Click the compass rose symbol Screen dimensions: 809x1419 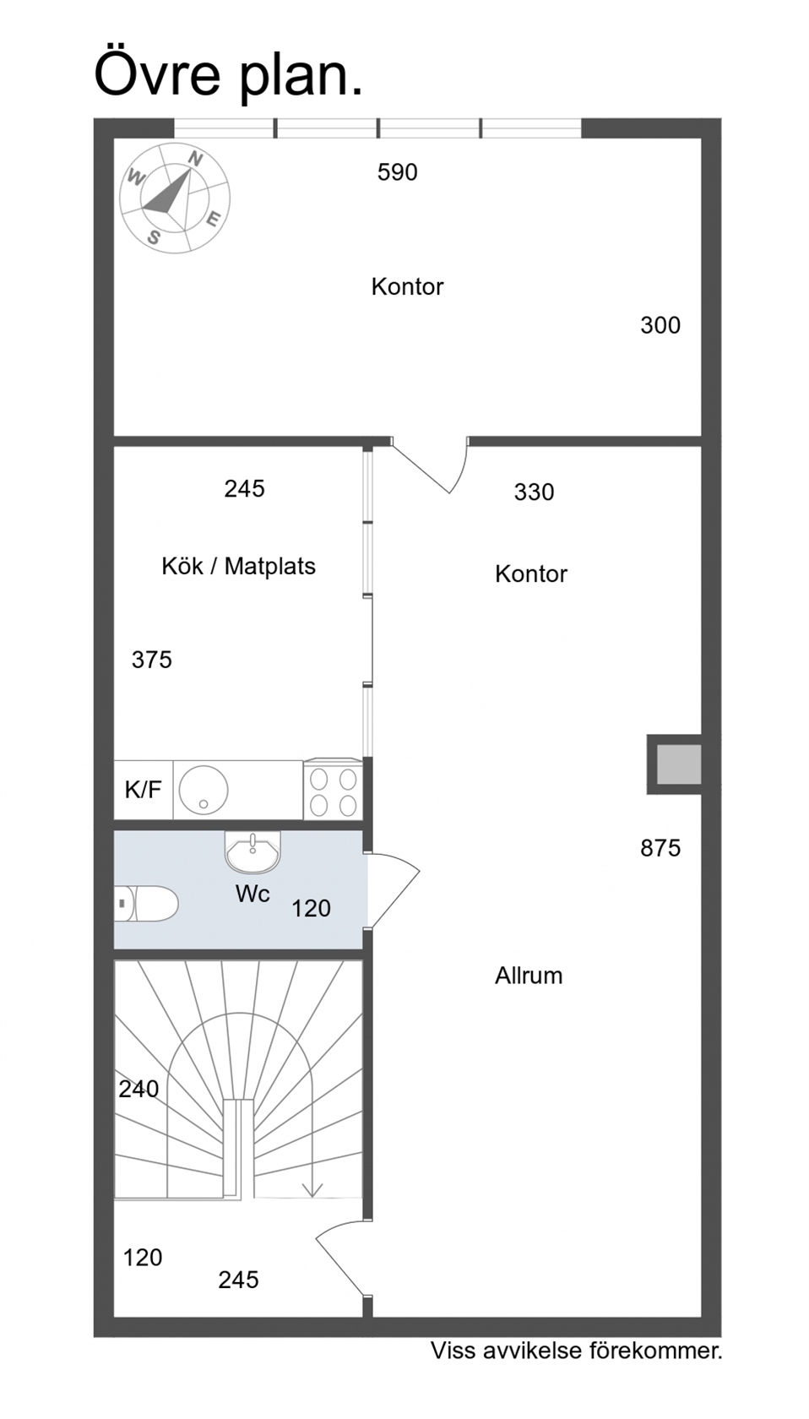point(175,198)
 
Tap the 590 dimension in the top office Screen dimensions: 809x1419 point(397,172)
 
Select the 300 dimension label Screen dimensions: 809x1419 point(660,325)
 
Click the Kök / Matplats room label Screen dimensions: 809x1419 point(238,566)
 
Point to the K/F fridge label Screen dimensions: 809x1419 point(144,790)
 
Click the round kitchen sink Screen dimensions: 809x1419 point(204,789)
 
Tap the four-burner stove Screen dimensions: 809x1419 point(334,791)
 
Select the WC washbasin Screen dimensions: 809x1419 point(252,851)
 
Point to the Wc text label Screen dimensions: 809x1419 point(252,894)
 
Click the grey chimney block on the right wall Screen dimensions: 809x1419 point(678,764)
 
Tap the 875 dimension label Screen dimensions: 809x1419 point(660,848)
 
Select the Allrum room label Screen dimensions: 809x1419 point(529,976)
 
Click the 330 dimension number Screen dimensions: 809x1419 point(534,492)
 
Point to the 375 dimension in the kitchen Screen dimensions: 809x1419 point(151,661)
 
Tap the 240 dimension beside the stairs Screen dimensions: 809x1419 point(138,1089)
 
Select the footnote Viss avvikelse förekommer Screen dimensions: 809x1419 point(577,1351)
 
